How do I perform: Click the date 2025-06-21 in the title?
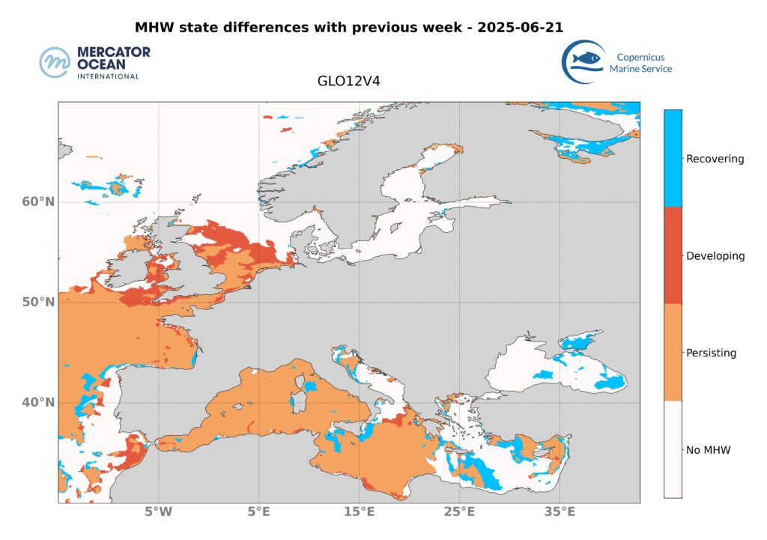pyautogui.click(x=516, y=28)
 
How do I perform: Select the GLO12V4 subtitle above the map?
pyautogui.click(x=349, y=82)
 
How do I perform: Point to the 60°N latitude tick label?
pyautogui.click(x=38, y=202)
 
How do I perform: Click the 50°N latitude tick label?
pyautogui.click(x=38, y=303)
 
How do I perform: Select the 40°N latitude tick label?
pyautogui.click(x=38, y=403)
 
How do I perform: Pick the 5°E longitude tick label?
pyautogui.click(x=259, y=514)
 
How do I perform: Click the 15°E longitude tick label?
pyautogui.click(x=360, y=514)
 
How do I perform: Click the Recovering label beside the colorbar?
pyautogui.click(x=715, y=159)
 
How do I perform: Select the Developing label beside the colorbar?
pyautogui.click(x=715, y=256)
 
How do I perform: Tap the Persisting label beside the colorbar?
pyautogui.click(x=712, y=353)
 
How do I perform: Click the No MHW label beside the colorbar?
pyautogui.click(x=708, y=450)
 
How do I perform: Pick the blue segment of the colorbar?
pyautogui.click(x=673, y=158)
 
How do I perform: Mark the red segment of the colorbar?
pyautogui.click(x=673, y=255)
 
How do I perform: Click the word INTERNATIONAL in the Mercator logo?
pyautogui.click(x=108, y=76)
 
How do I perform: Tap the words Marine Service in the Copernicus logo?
pyautogui.click(x=640, y=69)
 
